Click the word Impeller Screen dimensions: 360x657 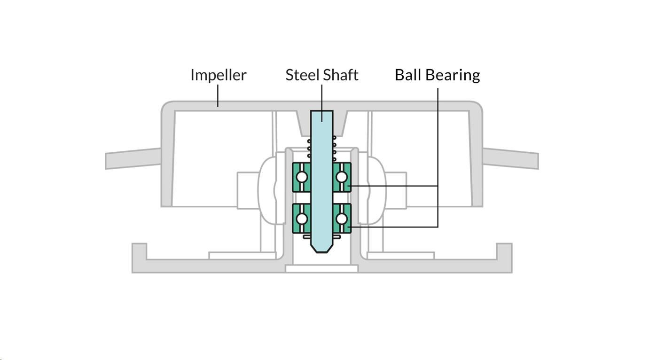(218, 75)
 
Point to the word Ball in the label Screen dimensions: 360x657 (407, 75)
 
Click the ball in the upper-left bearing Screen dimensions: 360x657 (302, 177)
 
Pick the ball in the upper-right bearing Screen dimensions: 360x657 (342, 177)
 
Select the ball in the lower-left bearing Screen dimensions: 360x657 (302, 219)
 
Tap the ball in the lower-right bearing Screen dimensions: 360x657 (342, 219)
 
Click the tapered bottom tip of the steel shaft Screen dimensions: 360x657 (322, 248)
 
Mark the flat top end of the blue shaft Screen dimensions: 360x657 (322, 112)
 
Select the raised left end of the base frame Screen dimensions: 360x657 (139, 251)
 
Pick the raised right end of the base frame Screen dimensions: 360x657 (504, 251)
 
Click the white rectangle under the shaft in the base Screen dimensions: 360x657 (322, 269)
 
